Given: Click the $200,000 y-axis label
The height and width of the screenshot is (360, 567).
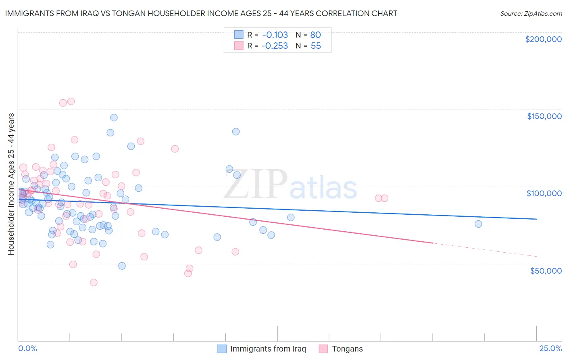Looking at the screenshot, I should click(x=543, y=39).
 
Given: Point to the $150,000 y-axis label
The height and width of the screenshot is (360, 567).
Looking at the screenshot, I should click(x=544, y=116).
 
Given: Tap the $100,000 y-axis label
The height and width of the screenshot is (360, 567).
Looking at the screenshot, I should click(x=544, y=193).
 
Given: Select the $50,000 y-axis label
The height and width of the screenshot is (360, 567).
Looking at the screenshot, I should click(x=546, y=270).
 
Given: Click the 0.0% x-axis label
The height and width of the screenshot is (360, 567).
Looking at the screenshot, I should click(x=27, y=348).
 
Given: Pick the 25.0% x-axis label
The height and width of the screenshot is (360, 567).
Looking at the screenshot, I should click(x=550, y=348).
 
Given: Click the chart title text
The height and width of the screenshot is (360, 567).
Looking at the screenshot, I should click(x=201, y=13).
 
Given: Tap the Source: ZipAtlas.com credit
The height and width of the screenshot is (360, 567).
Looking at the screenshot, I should click(x=531, y=13).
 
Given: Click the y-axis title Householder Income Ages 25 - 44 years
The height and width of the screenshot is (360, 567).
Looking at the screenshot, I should click(x=11, y=184).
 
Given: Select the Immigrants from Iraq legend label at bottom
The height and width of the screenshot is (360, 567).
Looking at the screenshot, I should click(x=268, y=349).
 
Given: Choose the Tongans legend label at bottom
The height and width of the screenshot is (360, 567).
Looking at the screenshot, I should click(x=347, y=349).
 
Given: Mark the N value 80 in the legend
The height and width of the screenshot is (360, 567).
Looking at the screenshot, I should click(x=315, y=35).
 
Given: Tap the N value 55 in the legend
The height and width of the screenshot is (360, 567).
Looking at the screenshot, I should click(x=315, y=46).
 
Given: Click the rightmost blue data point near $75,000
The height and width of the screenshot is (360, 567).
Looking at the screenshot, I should click(x=478, y=224).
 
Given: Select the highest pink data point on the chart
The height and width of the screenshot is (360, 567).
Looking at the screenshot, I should click(x=71, y=101).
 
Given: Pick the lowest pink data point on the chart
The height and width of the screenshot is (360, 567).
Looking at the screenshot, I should click(x=94, y=283).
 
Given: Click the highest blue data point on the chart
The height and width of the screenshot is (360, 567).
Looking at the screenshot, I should click(x=114, y=117).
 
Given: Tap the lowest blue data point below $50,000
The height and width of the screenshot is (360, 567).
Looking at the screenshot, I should click(x=122, y=266).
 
